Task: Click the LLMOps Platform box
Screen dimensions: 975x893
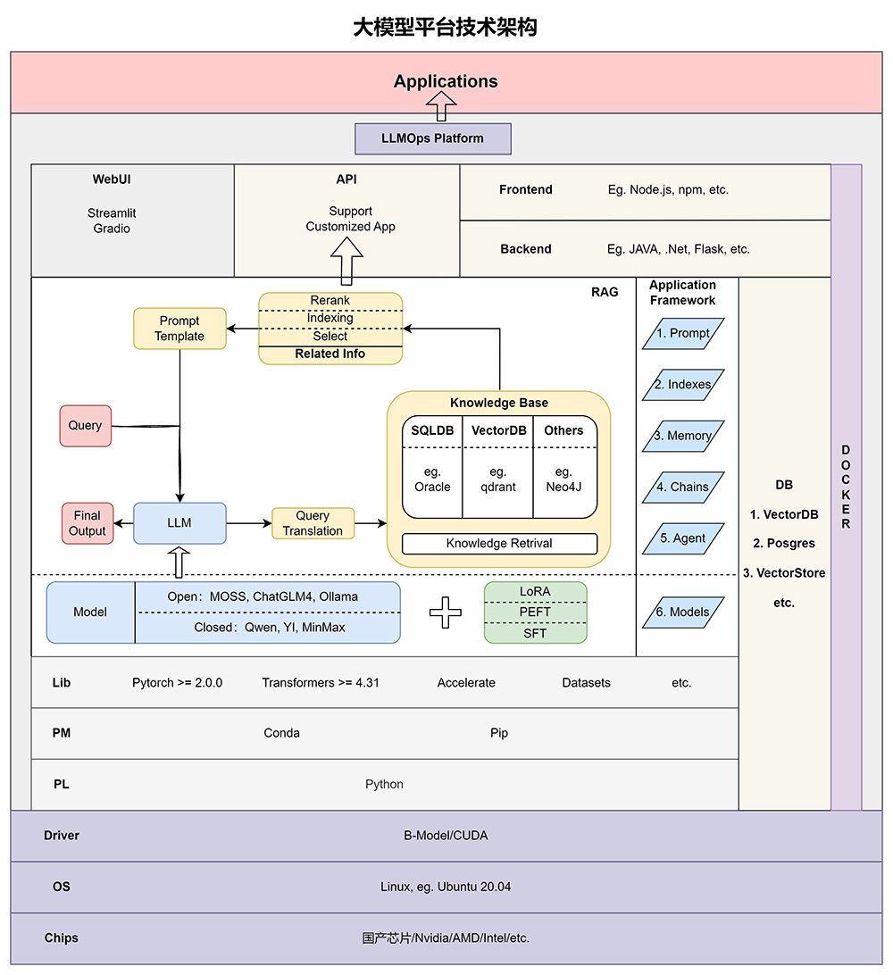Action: [433, 138]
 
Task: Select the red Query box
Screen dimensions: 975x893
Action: [85, 426]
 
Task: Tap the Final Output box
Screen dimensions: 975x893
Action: [88, 523]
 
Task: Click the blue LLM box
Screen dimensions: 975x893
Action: [179, 523]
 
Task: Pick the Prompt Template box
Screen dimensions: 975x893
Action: [179, 329]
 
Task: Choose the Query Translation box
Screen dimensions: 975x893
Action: [313, 523]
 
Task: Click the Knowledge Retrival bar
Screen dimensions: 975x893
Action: [499, 543]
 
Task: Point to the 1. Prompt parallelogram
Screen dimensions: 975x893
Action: [683, 333]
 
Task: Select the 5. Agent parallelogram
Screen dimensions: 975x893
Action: [683, 538]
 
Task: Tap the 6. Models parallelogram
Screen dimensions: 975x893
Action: [683, 612]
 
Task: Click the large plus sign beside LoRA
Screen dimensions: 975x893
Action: [446, 612]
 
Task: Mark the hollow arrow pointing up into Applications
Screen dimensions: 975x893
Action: [441, 106]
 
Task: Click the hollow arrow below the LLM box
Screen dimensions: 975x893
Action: [179, 562]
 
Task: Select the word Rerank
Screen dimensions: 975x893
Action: [330, 301]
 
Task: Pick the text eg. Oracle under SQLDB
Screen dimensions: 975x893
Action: [432, 479]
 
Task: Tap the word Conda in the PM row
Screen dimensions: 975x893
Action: [282, 733]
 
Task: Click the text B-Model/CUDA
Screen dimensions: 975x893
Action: [446, 836]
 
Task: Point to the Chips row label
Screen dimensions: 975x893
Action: [62, 937]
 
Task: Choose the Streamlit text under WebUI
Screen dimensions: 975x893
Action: [112, 213]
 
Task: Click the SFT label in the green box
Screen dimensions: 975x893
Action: [535, 633]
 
